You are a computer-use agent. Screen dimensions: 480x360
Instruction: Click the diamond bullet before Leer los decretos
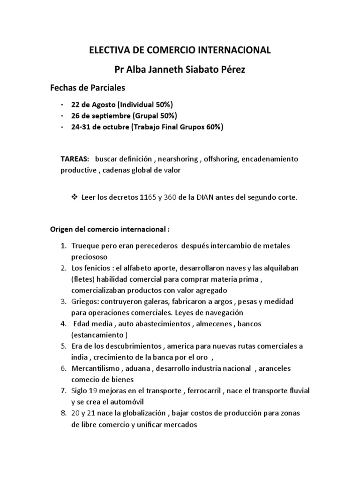[x=74, y=197]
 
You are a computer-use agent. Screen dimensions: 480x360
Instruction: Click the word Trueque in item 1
[x=84, y=246]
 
